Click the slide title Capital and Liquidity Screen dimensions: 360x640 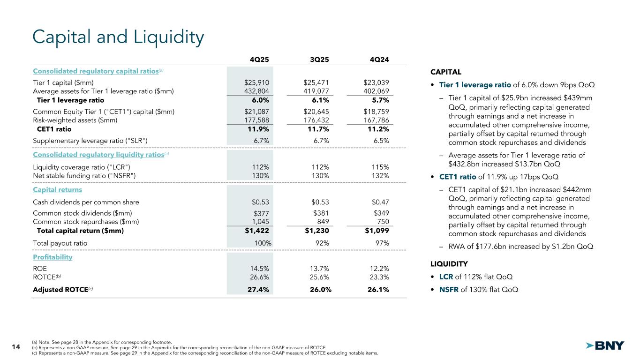click(x=118, y=38)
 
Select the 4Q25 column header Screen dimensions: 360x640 click(x=259, y=59)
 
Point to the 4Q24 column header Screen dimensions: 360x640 click(x=379, y=59)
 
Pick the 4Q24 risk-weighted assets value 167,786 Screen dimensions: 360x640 click(x=376, y=120)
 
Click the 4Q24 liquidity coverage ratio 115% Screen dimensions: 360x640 click(x=380, y=167)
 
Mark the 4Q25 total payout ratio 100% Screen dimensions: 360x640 click(x=261, y=243)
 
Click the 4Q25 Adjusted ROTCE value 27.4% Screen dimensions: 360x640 click(x=258, y=290)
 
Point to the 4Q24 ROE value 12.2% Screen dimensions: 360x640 click(x=379, y=269)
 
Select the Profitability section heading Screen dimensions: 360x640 click(x=53, y=257)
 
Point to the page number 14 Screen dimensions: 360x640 click(x=15, y=347)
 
